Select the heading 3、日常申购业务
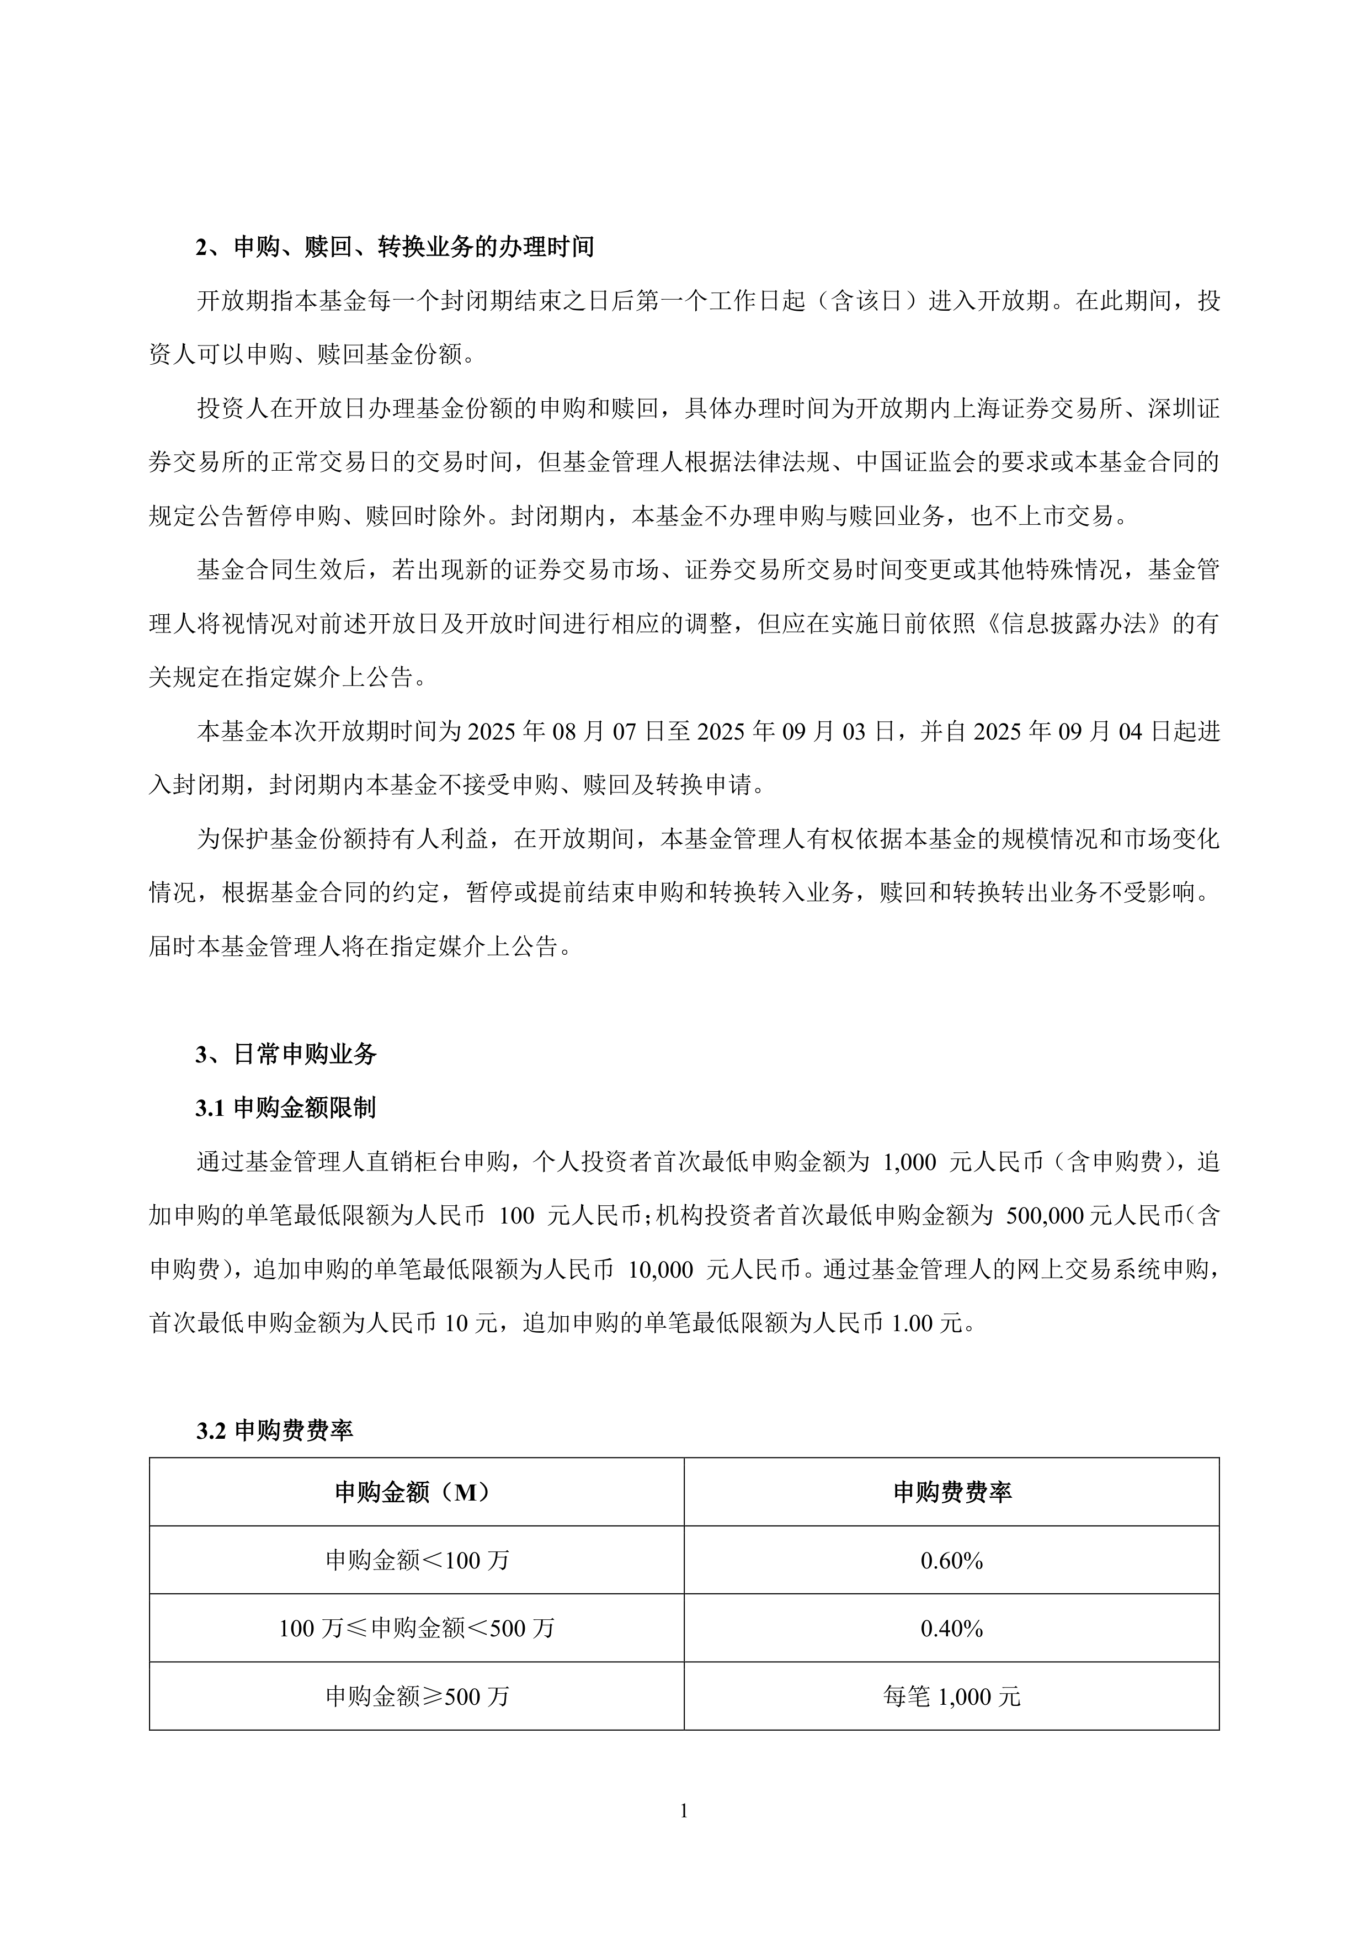click(286, 1054)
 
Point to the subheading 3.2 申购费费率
click(275, 1430)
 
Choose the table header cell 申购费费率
click(952, 1492)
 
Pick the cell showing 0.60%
click(952, 1561)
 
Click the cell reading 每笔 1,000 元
click(952, 1696)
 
